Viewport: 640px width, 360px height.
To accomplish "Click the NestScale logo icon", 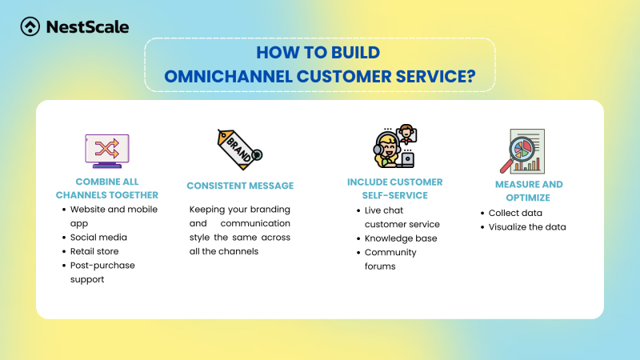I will pos(30,26).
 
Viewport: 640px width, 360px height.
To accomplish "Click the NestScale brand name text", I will pos(86,26).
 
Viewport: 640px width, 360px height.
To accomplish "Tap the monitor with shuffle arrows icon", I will pos(107,150).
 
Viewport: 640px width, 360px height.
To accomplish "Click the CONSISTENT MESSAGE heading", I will pos(240,186).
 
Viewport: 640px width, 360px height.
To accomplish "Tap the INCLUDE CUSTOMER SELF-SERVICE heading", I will pos(394,189).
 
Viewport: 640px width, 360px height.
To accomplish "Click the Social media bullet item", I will pos(98,238).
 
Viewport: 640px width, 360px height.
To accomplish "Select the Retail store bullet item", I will pos(96,252).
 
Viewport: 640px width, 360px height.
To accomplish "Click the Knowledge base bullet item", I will pos(401,238).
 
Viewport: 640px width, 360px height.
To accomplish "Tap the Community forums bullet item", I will pos(390,259).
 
